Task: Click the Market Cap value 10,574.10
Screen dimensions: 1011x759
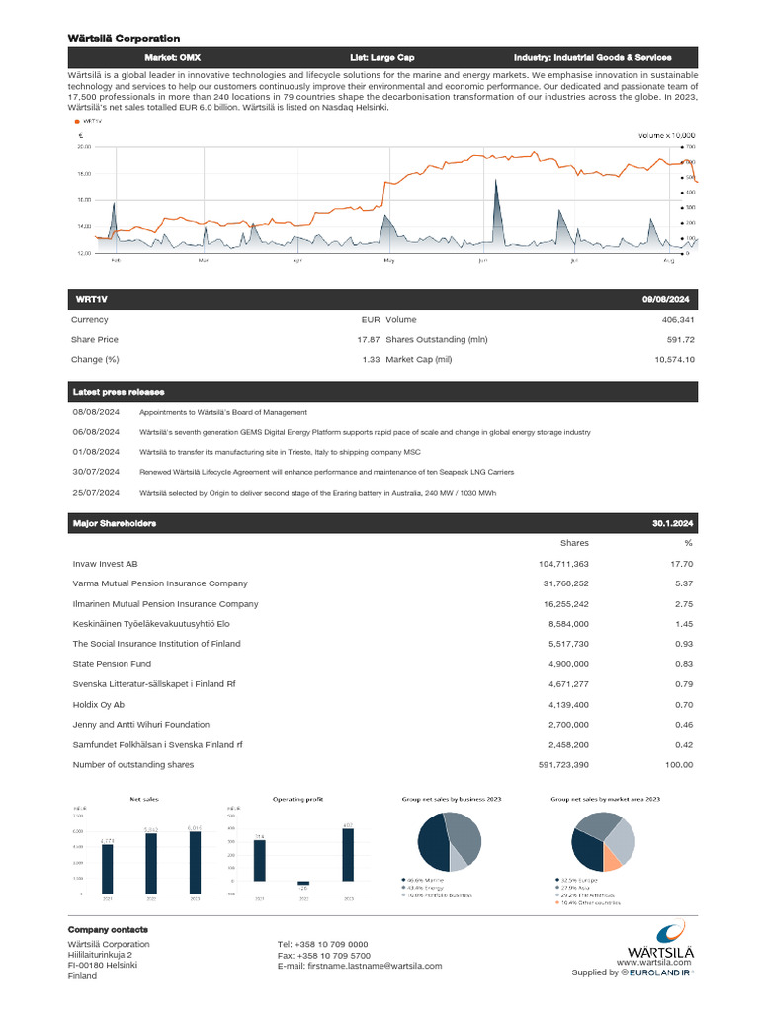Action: [x=674, y=359]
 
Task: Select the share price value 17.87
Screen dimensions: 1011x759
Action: [x=368, y=340]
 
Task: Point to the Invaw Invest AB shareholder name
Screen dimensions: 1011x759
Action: [x=106, y=564]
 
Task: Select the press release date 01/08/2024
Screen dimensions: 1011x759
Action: [x=96, y=451]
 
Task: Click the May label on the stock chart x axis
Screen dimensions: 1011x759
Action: [x=388, y=261]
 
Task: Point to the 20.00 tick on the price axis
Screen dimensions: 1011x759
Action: [x=84, y=146]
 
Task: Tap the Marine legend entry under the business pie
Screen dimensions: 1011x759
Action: [x=422, y=880]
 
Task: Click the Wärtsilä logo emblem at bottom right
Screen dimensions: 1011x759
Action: [x=671, y=930]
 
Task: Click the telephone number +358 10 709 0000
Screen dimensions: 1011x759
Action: [x=323, y=944]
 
